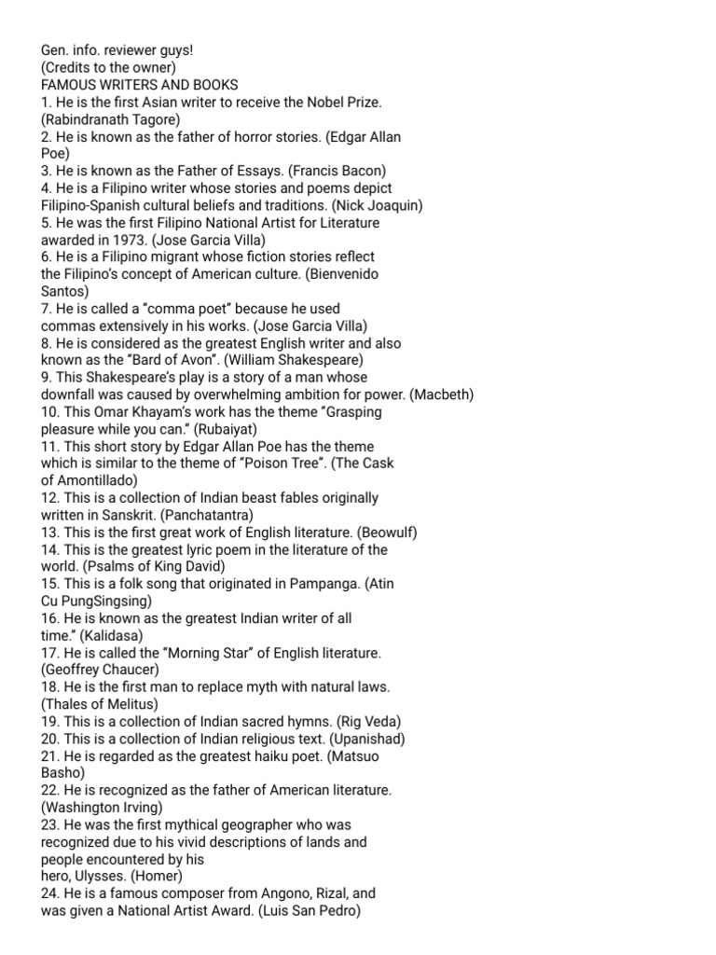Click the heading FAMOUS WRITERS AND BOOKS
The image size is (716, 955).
coord(140,84)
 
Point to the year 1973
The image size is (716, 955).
coord(130,240)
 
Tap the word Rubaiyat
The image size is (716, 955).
coord(225,429)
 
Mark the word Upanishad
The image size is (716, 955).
coord(360,739)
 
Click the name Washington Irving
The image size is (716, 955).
coord(103,808)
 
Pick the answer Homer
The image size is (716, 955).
coord(158,877)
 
